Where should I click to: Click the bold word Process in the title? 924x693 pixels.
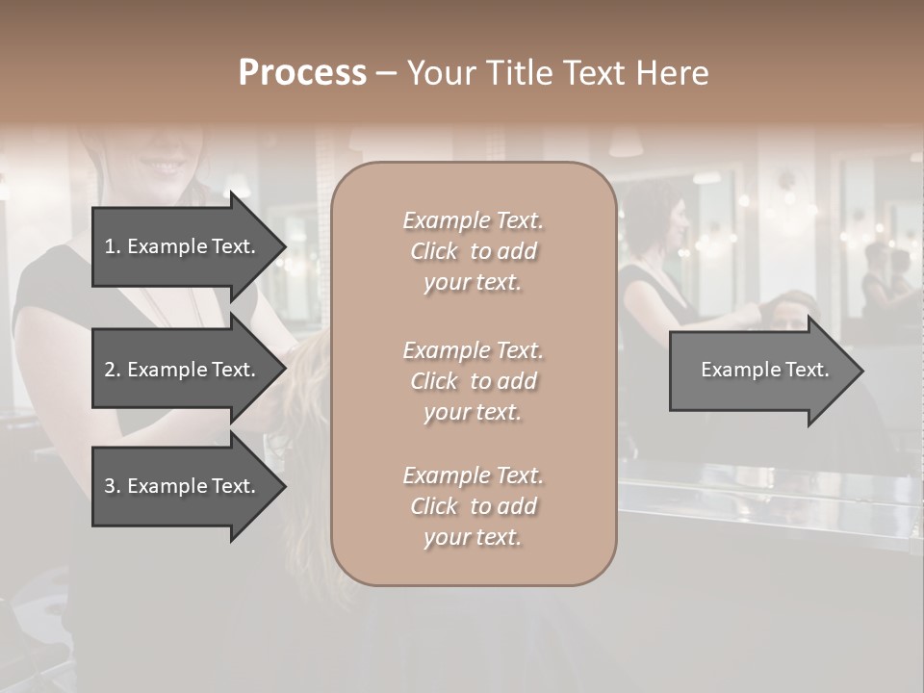pos(302,73)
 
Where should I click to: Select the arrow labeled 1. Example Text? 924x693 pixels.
pos(183,246)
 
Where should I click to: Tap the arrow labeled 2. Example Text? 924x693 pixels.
pos(183,370)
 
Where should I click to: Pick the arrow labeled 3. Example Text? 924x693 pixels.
pos(183,486)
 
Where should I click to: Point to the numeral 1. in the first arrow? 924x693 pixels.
pos(113,246)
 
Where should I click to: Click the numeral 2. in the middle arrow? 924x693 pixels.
pos(113,370)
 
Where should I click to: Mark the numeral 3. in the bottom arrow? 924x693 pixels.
pos(113,486)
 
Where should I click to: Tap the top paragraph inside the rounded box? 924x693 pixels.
pos(473,251)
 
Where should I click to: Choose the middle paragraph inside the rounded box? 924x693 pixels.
pos(473,381)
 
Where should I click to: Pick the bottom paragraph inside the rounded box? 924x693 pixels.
pos(473,506)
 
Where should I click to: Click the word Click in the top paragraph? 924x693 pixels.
pos(434,251)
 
